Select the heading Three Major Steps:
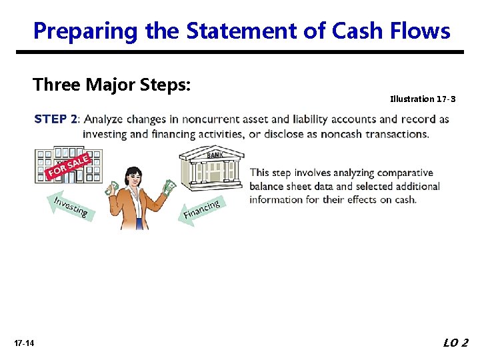[x=112, y=85]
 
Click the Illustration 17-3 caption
[x=423, y=99]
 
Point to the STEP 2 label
[x=55, y=119]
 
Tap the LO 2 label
[x=456, y=343]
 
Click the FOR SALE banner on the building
[x=68, y=166]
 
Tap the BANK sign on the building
[x=215, y=155]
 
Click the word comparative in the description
[x=399, y=173]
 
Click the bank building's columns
[x=213, y=173]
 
